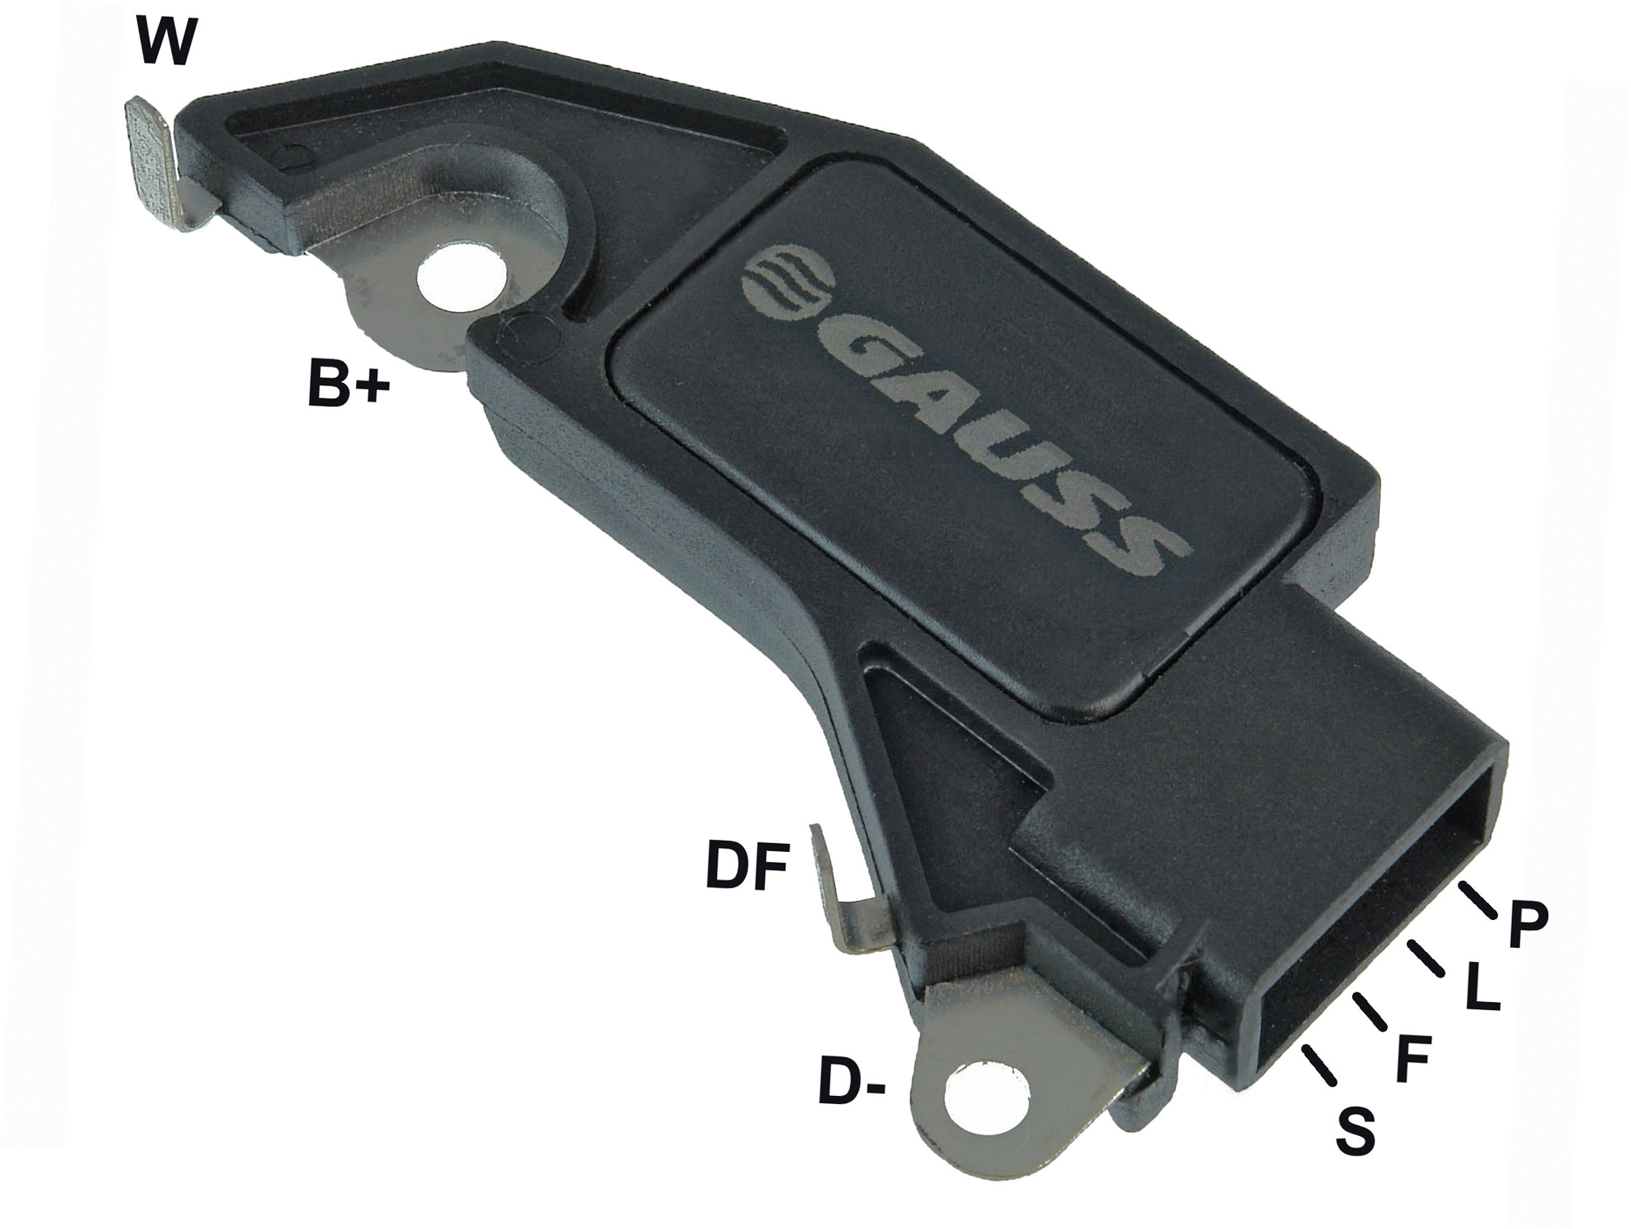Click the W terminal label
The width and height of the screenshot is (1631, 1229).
click(x=166, y=43)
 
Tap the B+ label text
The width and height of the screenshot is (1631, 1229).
click(x=347, y=382)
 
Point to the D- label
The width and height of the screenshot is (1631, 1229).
click(x=851, y=1083)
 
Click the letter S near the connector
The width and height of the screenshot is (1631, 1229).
click(x=1355, y=1130)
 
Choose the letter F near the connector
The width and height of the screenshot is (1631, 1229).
click(x=1414, y=1060)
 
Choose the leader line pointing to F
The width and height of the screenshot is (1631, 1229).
click(x=1370, y=1011)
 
